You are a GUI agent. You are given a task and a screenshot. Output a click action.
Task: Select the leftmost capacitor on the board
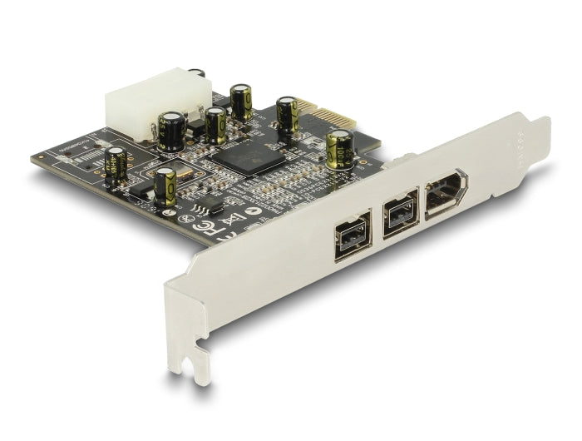pyautogui.click(x=116, y=163)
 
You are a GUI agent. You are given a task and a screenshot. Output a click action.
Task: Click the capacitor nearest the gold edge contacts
pyautogui.click(x=288, y=115)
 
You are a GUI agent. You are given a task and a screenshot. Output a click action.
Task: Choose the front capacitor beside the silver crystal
pyautogui.click(x=165, y=187)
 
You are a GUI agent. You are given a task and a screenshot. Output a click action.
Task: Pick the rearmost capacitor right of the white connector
pyautogui.click(x=242, y=101)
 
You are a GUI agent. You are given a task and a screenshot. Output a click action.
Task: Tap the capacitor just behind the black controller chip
pyautogui.click(x=215, y=126)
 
